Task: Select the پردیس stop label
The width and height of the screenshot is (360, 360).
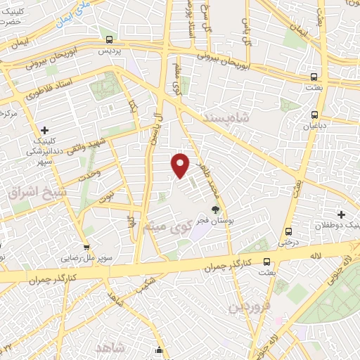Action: tap(109, 51)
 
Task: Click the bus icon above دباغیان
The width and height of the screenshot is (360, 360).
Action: tap(314, 115)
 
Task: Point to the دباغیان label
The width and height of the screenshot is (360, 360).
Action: tap(314, 127)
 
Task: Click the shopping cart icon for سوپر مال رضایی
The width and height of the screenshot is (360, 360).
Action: tap(86, 247)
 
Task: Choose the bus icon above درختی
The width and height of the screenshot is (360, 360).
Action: tap(288, 231)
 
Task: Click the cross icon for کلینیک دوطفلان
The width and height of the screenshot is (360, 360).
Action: tap(342, 214)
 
